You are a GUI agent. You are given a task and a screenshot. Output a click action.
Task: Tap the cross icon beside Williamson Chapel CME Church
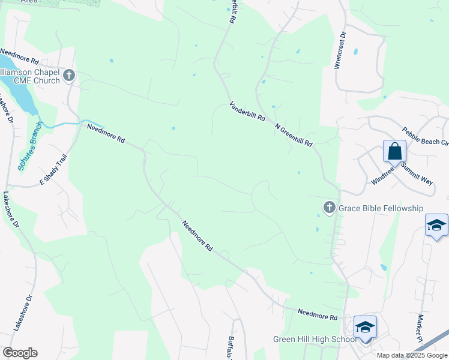coord(69,75)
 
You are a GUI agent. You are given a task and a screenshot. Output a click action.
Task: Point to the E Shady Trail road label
coord(53,170)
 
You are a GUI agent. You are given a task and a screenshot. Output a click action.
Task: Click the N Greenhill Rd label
coord(294,136)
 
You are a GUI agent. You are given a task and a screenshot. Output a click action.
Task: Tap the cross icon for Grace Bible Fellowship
coord(329,208)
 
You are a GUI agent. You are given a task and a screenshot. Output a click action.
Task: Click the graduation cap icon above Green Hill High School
coord(364,327)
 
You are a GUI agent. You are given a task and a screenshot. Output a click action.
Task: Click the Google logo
coord(20,353)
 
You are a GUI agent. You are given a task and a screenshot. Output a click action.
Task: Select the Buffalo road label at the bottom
coord(232,347)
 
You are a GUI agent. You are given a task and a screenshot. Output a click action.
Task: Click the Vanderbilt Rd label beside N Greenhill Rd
coord(247,112)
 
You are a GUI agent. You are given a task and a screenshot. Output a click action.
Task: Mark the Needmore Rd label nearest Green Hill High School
coord(318,314)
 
